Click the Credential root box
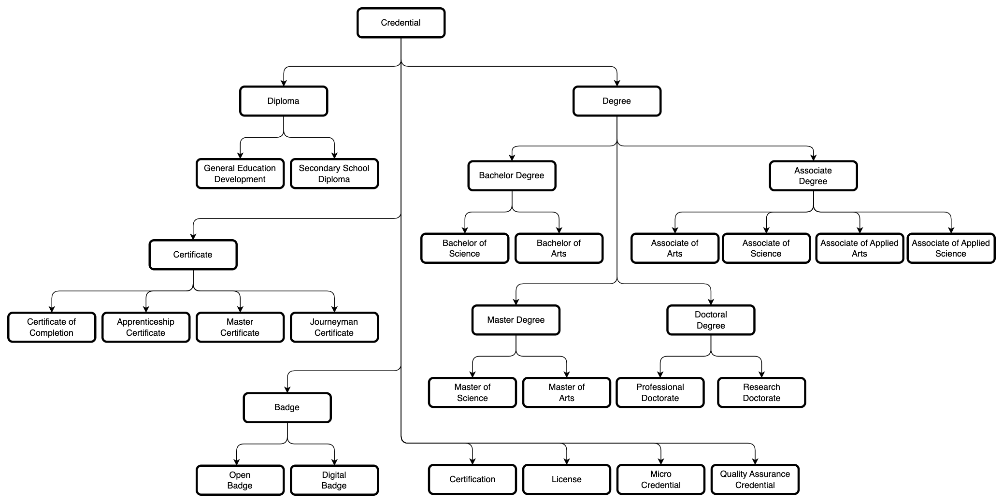coord(401,23)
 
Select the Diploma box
coord(283,101)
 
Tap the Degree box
coord(616,101)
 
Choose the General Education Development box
coord(240,173)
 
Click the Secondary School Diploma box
coord(334,173)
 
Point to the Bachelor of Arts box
coord(559,248)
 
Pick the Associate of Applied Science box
coord(950,248)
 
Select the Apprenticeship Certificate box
coord(145,327)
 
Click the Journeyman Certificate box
coord(334,327)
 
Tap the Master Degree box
coord(516,320)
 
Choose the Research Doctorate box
coord(761,392)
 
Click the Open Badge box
coord(240,480)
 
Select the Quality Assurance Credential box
coord(755,479)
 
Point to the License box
coord(566,479)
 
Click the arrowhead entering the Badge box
coord(287,389)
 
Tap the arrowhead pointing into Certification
coord(472,461)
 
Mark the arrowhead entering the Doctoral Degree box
coord(711,302)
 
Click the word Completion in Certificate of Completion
coord(51,333)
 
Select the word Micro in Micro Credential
coord(660,474)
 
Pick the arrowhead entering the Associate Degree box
coord(813,158)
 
